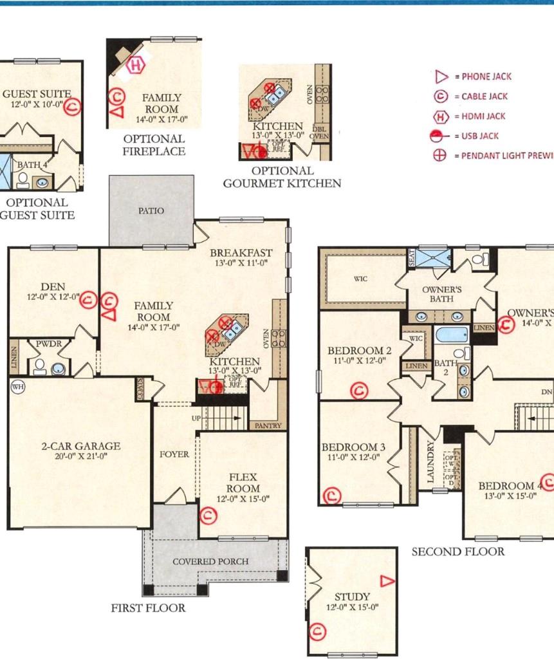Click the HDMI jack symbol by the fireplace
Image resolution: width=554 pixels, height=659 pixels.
pos(136,65)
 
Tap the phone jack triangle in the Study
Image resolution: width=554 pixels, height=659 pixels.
pos(387,581)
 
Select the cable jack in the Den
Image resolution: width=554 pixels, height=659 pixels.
pos(89,299)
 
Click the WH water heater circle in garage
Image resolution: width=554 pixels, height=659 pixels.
pos(16,386)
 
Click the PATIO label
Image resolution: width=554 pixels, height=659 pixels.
pos(151,210)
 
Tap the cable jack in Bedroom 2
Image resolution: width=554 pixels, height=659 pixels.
pos(358,390)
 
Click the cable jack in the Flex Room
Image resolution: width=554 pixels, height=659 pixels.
pos(207,514)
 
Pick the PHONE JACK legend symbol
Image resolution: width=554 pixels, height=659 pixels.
pos(441,77)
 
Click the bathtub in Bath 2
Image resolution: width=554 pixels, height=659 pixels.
pos(451,335)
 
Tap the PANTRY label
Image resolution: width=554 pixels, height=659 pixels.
pos(268,426)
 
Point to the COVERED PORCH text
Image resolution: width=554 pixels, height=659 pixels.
pos(210,561)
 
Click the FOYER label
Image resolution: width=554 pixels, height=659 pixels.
pos(174,454)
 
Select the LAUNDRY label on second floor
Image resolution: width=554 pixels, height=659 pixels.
pos(430,461)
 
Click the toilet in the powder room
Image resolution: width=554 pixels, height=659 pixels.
pos(39,367)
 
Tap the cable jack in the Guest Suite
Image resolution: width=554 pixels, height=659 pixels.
pos(74,106)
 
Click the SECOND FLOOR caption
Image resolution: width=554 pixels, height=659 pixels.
pos(457,551)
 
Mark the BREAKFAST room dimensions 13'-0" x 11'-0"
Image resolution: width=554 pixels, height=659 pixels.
pos(241,263)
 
